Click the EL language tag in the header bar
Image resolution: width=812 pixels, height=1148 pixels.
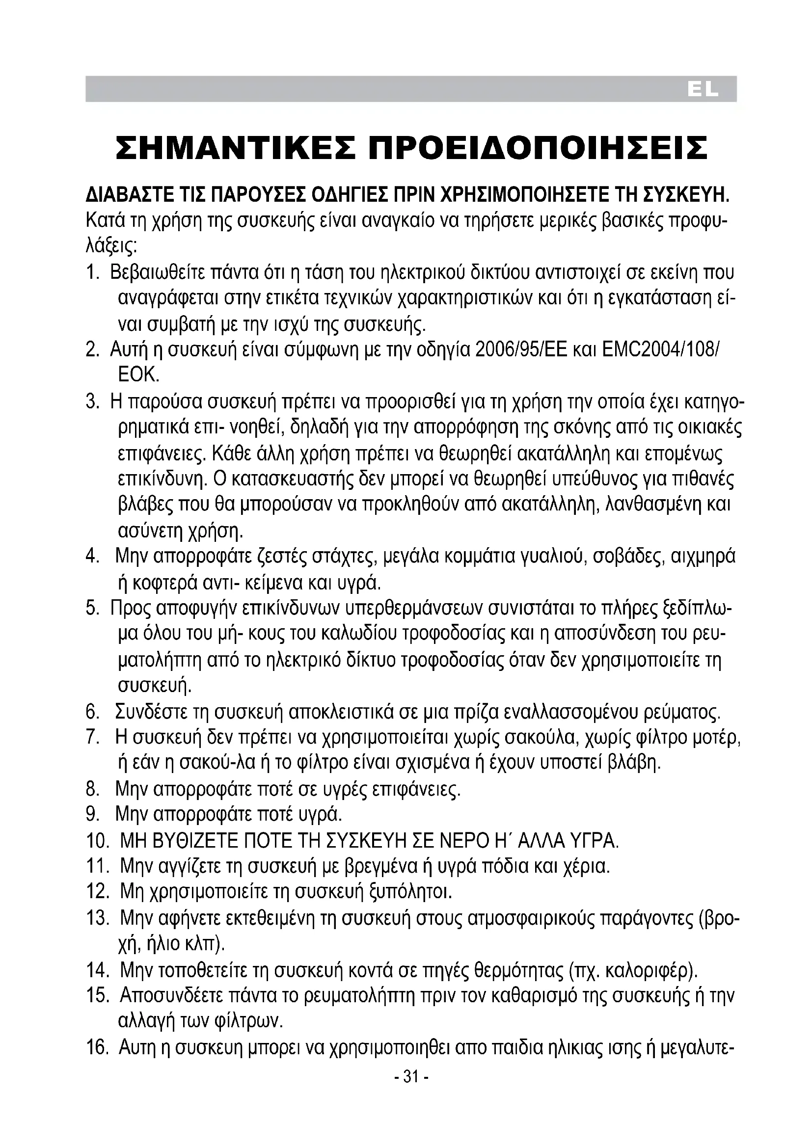703,90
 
